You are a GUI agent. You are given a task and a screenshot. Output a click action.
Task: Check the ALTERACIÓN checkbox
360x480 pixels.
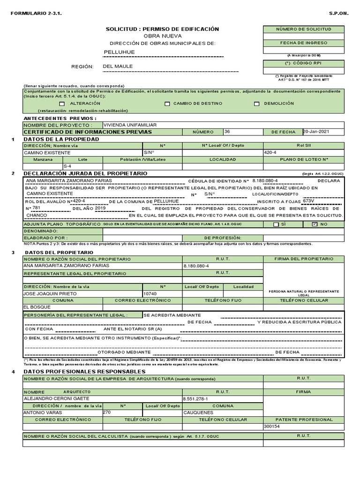click(62, 104)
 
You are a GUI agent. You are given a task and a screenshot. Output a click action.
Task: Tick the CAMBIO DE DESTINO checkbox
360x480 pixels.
click(167, 104)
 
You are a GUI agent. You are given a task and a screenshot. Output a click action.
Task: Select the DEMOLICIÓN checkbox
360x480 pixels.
click(256, 104)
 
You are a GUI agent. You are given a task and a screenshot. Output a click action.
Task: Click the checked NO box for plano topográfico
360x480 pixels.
click(315, 225)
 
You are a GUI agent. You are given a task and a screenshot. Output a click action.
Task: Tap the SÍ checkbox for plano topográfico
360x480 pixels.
click(276, 225)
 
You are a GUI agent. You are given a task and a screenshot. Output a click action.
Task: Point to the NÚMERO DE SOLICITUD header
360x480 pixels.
click(303, 29)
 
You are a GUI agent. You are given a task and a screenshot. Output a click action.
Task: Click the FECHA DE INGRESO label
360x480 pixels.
click(303, 43)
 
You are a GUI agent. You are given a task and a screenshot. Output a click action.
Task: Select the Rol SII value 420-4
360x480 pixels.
click(270, 152)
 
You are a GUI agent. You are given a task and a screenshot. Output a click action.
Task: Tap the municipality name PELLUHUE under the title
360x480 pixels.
click(119, 52)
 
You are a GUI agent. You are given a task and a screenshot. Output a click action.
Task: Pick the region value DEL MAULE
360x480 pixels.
click(118, 66)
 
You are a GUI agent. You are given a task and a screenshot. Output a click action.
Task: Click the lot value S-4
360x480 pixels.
click(67, 166)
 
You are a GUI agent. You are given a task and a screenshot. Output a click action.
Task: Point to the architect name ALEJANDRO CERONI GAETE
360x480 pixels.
click(56, 398)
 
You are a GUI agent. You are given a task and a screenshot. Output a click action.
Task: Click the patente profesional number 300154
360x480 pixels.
click(272, 427)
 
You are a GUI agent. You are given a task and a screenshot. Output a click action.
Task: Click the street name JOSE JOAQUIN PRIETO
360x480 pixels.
click(50, 293)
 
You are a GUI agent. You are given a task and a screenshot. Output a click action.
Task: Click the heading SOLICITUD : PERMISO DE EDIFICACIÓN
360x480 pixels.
click(162, 29)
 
